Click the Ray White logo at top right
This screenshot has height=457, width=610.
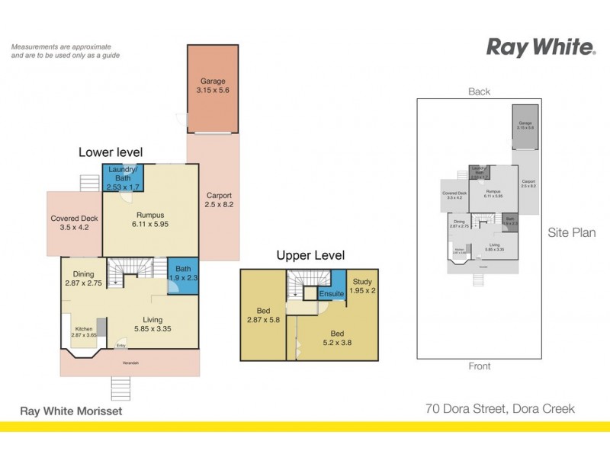[541, 47]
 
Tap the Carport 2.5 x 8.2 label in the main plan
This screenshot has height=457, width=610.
[219, 200]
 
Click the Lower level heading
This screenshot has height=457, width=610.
[111, 152]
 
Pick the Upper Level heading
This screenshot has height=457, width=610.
[310, 255]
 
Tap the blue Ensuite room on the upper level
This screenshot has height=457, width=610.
[332, 292]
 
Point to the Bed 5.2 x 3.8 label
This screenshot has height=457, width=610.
[336, 338]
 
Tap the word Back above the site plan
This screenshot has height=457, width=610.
[479, 91]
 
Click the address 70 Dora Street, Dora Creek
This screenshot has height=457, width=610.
[499, 409]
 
